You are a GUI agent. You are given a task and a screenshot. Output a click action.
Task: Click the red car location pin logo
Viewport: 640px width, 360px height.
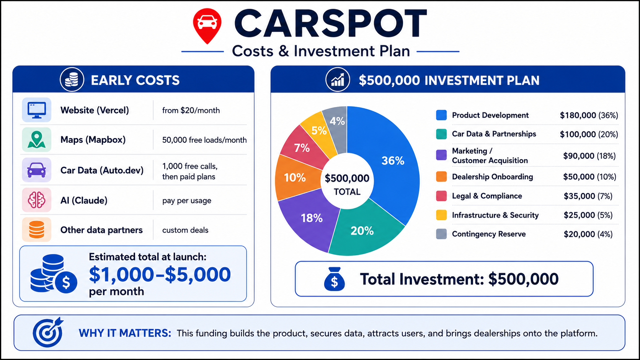point(207,26)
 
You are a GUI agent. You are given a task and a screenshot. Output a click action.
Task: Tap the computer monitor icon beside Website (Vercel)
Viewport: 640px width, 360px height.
point(37,110)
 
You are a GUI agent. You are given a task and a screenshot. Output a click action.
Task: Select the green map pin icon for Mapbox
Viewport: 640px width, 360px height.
point(37,140)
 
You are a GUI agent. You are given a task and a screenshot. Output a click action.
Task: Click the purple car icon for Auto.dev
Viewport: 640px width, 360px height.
point(37,170)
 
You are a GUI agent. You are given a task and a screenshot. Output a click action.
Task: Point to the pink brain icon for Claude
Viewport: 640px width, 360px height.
point(37,200)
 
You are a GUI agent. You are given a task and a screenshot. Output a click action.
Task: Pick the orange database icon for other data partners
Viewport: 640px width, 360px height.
point(37,230)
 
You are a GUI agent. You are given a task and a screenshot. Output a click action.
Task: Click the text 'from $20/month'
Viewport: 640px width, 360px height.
point(191,111)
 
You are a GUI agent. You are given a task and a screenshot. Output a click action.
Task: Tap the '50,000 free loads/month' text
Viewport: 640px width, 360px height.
point(204,140)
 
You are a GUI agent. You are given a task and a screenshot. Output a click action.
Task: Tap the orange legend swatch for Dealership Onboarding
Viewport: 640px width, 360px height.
point(441,177)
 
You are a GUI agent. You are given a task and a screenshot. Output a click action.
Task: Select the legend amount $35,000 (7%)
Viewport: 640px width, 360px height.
point(588,196)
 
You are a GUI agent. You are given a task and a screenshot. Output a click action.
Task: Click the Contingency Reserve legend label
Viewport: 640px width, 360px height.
point(488,234)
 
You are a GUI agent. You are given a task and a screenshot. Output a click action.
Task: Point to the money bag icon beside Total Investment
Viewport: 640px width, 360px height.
point(334,279)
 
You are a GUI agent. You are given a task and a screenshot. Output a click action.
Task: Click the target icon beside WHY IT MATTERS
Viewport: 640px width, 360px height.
point(48,332)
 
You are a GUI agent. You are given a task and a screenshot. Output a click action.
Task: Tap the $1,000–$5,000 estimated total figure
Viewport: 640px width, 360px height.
point(160,274)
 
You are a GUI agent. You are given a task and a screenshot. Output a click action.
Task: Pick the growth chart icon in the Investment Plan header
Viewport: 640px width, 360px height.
point(338,80)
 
